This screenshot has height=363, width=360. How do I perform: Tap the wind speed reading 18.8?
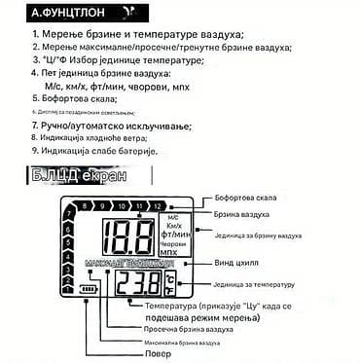pos(131,236)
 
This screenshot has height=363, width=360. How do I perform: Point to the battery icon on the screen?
pos(90,289)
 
